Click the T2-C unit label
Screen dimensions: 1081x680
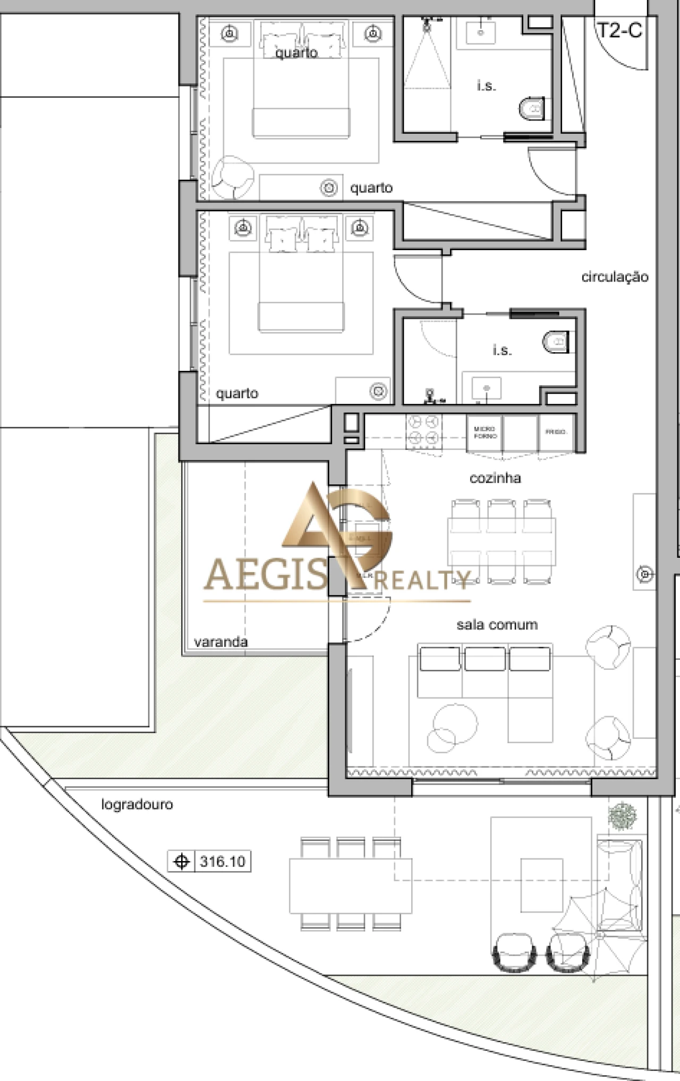click(x=620, y=30)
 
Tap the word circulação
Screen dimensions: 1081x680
click(x=615, y=277)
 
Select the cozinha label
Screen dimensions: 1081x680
click(x=495, y=478)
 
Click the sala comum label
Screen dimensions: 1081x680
click(x=497, y=625)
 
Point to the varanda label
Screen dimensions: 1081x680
click(x=220, y=642)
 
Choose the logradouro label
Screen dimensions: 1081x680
click(x=137, y=804)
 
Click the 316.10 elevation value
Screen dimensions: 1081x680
click(x=223, y=861)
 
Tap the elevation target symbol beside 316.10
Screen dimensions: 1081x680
click(x=182, y=861)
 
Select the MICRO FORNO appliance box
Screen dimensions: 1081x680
click(x=484, y=433)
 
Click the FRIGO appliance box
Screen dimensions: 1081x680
click(x=556, y=432)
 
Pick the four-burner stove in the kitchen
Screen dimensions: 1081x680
click(x=423, y=430)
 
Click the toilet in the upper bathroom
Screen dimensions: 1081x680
click(x=532, y=109)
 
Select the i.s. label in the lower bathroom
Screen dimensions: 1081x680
click(x=502, y=351)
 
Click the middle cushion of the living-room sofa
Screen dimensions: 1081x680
click(x=484, y=659)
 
